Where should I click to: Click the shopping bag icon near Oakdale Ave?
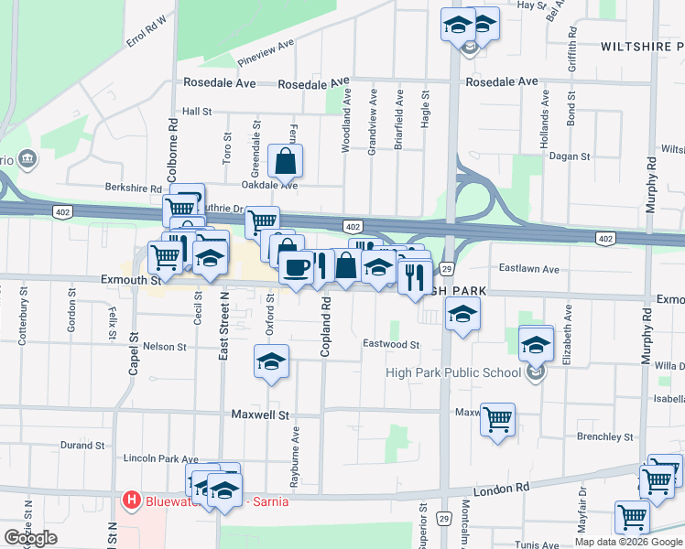286,161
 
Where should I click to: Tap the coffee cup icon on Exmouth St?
296,267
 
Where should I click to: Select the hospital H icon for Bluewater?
131,501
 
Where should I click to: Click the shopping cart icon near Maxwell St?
497,419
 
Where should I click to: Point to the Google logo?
30,538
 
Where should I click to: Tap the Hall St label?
197,112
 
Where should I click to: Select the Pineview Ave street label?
266,53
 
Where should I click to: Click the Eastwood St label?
391,345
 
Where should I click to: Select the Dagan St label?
570,156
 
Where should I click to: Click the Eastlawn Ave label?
528,269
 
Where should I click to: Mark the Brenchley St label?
605,436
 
